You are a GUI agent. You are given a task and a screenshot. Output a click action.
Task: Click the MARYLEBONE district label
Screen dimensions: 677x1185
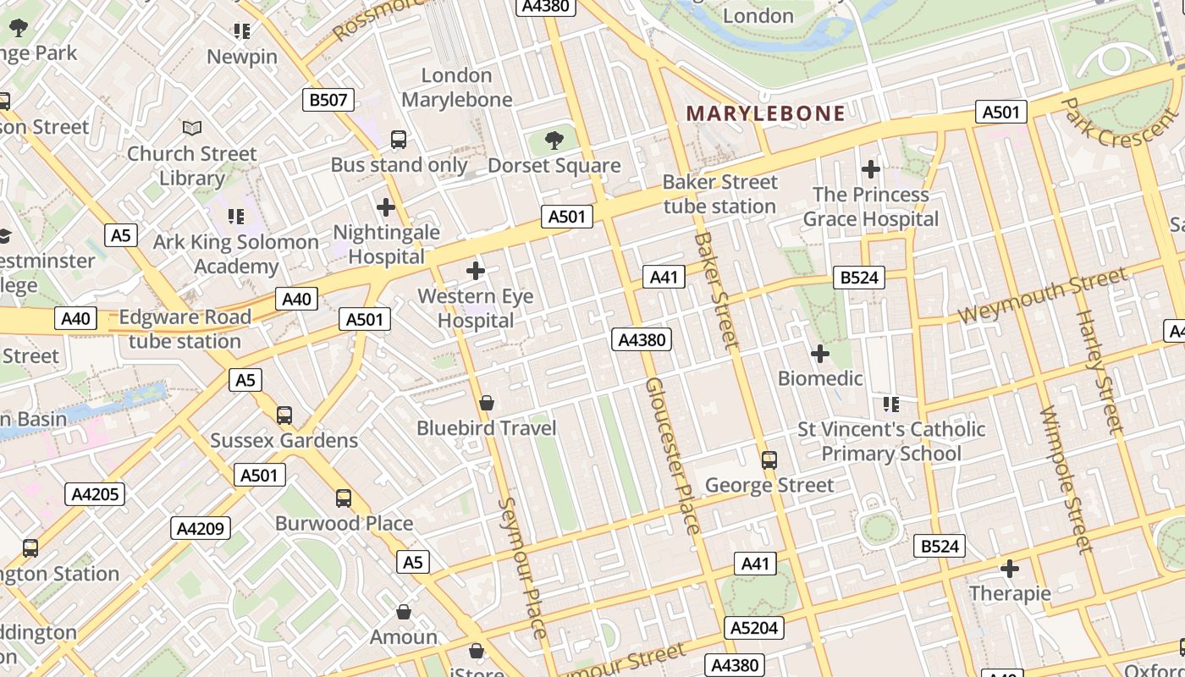coord(765,113)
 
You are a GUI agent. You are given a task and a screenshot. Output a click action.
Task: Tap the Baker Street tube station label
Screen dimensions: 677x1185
coord(719,195)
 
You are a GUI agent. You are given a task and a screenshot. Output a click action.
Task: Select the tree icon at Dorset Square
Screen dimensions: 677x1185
coord(554,140)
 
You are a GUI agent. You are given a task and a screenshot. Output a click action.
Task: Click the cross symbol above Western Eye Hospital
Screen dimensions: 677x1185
coord(476,271)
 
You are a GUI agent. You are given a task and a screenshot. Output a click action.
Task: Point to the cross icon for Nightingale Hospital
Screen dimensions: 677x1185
coord(386,206)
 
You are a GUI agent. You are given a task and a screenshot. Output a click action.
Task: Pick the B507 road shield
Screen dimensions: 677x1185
coord(328,100)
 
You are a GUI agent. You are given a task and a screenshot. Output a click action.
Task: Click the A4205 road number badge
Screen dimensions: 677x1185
coord(95,494)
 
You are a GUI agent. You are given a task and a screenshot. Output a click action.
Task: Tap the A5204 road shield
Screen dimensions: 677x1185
coord(754,627)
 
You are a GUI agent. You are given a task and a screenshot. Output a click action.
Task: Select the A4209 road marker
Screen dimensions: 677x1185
coord(201,529)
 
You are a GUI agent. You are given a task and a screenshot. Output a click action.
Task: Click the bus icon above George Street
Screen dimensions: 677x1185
coord(769,460)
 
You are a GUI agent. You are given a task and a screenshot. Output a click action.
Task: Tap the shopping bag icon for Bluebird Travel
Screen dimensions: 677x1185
coord(487,404)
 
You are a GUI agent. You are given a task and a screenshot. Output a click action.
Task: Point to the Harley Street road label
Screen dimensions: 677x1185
coord(1098,372)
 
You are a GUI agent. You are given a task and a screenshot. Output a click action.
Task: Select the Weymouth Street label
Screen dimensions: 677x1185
coord(1042,294)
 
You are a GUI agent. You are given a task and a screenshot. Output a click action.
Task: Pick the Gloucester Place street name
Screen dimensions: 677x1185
coord(673,455)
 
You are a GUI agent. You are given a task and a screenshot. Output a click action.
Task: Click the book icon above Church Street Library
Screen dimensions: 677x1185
coord(192,129)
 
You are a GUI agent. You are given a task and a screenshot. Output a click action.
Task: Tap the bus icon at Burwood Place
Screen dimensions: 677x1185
coord(343,498)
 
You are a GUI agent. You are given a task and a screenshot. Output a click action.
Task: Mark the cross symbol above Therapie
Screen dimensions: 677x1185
coord(1009,569)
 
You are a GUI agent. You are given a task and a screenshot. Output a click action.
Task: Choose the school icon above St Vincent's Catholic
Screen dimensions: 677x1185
coord(890,405)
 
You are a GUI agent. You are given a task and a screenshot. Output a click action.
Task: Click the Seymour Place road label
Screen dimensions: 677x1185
coord(523,567)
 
